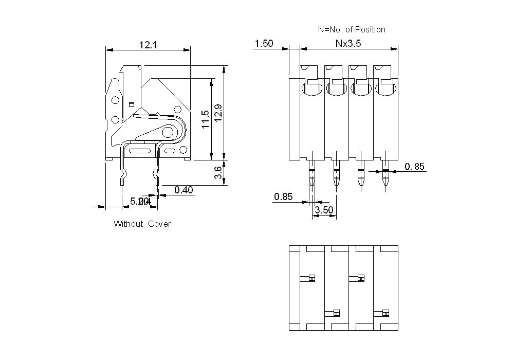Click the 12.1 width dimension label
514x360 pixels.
pos(148,45)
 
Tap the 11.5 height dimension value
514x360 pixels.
pos(205,119)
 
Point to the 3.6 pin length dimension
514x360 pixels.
pos(218,172)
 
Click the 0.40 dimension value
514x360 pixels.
pos(183,190)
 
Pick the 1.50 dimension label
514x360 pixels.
pos(264,44)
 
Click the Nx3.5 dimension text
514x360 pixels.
pos(348,44)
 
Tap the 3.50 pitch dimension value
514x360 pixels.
pos(324,210)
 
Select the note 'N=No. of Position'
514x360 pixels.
pos(352,29)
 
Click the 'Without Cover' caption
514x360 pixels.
pos(142,224)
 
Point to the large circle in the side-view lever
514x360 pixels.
pos(168,133)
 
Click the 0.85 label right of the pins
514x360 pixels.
pos(415,166)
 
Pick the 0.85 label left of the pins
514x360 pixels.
pos(283,196)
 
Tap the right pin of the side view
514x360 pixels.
pos(156,170)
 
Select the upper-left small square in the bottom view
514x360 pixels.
pos(311,278)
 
